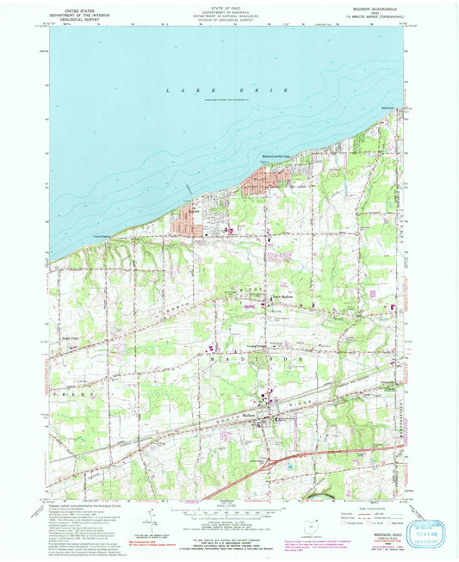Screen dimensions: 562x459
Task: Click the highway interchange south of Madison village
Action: click(274, 464)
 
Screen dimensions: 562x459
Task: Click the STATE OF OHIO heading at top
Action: click(228, 6)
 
